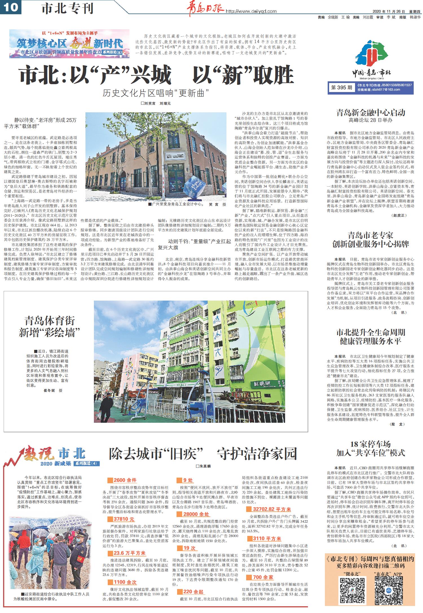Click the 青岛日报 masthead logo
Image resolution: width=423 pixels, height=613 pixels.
(x=205, y=9)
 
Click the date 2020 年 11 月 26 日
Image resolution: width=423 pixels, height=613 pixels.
(x=389, y=12)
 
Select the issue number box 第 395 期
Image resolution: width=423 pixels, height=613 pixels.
(x=342, y=88)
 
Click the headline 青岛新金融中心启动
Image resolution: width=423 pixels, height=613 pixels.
(x=371, y=113)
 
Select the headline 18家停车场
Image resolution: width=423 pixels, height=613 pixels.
(x=370, y=444)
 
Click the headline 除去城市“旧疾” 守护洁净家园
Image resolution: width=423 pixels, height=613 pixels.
(x=203, y=454)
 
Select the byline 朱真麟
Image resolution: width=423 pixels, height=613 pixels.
(x=205, y=466)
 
